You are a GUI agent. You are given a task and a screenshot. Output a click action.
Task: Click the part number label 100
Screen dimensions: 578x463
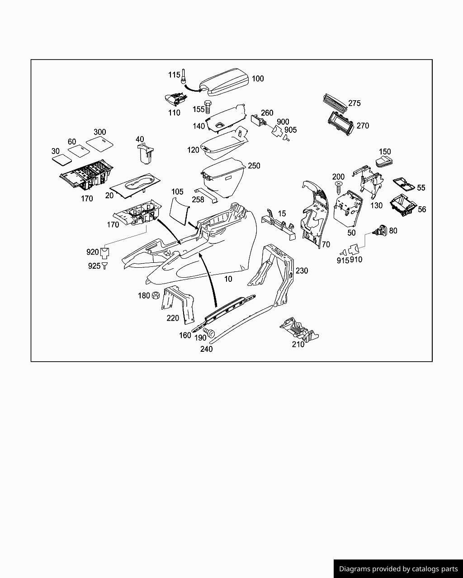click(258, 79)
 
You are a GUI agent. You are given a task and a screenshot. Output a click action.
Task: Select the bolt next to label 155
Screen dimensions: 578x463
click(208, 107)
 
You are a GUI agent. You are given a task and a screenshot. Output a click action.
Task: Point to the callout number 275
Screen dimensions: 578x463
click(354, 103)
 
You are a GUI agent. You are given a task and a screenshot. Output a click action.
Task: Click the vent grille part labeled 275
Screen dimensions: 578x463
click(335, 101)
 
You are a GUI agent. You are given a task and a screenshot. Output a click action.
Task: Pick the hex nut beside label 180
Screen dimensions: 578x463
click(155, 295)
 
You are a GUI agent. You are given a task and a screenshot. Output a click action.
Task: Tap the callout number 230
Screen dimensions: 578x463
click(302, 270)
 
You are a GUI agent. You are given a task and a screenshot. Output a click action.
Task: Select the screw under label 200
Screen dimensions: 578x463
click(337, 186)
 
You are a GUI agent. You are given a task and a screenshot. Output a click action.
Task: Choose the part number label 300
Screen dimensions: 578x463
click(99, 132)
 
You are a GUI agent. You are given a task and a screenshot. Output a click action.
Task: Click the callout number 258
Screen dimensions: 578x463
click(198, 199)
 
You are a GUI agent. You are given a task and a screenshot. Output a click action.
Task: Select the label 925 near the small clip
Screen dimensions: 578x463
click(94, 266)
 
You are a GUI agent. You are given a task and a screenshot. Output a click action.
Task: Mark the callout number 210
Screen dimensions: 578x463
click(298, 344)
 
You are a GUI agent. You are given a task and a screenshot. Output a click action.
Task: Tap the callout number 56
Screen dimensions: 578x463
click(421, 209)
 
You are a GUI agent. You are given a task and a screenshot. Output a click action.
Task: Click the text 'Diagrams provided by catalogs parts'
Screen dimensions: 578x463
click(398, 569)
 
